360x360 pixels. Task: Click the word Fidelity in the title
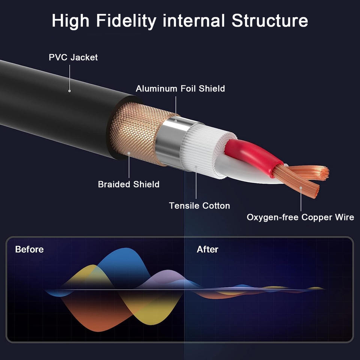[x=126, y=21]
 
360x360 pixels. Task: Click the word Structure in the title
[x=270, y=21]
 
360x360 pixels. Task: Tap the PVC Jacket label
[x=73, y=57]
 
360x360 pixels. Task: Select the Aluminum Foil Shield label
[x=180, y=88]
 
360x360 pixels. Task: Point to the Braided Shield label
[x=129, y=184]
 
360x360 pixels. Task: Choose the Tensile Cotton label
[x=199, y=206]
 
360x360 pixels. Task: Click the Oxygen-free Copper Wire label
[x=300, y=217]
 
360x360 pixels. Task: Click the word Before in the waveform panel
[x=29, y=250]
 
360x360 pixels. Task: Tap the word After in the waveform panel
[x=207, y=250]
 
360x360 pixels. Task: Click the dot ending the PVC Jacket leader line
[x=70, y=91]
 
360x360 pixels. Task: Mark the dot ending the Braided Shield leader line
[x=129, y=153]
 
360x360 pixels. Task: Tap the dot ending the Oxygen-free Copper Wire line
[x=301, y=188]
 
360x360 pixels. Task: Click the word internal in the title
[x=193, y=21]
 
